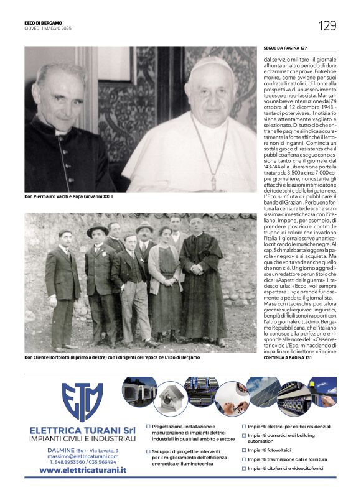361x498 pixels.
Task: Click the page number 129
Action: click(x=327, y=25)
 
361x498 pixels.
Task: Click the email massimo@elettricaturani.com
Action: click(x=82, y=456)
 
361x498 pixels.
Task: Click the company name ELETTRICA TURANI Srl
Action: click(x=82, y=430)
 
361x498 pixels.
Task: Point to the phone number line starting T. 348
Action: click(x=82, y=462)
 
